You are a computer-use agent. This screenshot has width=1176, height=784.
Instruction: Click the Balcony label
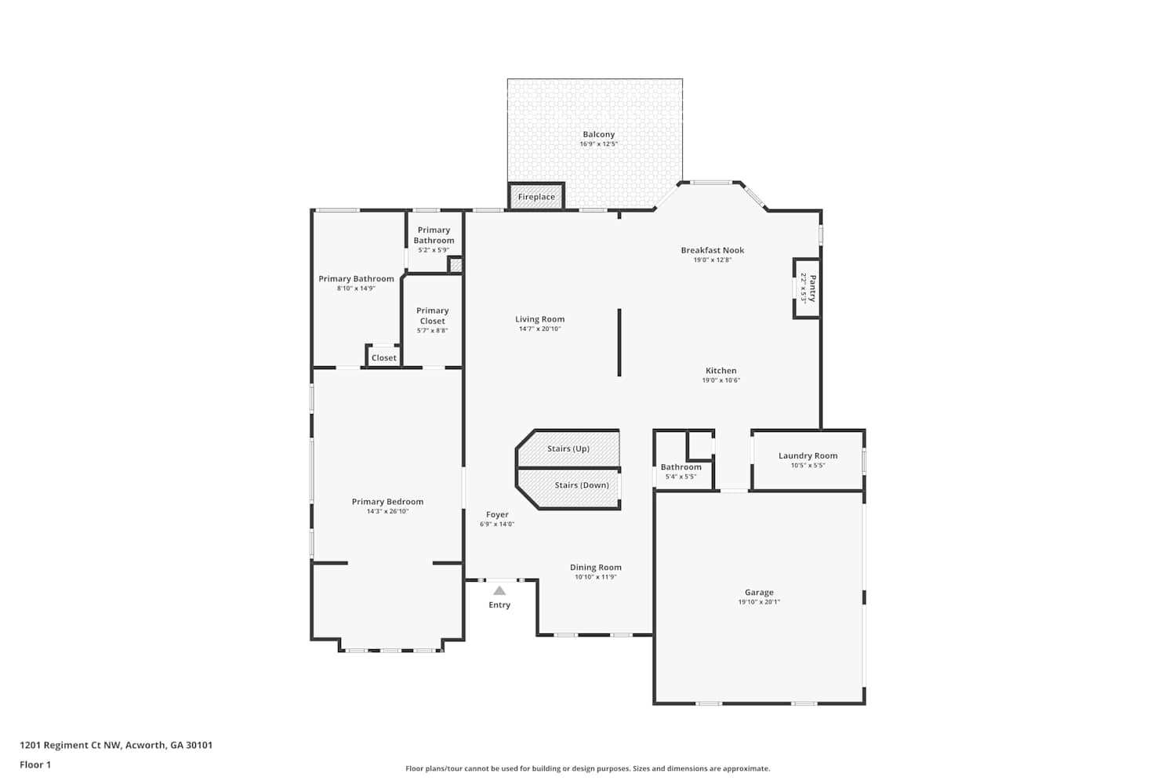pos(598,134)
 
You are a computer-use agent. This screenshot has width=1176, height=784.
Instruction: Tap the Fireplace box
pos(536,197)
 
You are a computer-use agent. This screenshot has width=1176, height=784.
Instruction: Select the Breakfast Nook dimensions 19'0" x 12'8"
pos(713,260)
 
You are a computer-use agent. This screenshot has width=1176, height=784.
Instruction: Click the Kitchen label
pos(720,370)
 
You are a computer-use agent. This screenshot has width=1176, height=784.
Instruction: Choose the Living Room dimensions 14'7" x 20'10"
pos(539,328)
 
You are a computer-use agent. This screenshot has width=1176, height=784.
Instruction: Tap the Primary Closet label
pos(433,316)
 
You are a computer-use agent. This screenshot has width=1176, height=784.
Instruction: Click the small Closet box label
pos(384,358)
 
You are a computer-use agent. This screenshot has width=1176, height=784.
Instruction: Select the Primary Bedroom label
pos(387,502)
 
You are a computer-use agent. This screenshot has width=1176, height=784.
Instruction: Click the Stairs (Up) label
pos(568,448)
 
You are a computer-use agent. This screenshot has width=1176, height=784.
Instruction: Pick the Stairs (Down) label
pos(582,485)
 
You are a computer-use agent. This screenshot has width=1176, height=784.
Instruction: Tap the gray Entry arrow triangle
pos(499,590)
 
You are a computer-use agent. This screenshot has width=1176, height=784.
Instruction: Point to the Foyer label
pos(497,514)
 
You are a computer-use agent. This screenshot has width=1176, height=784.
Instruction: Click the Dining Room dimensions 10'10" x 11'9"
pos(595,577)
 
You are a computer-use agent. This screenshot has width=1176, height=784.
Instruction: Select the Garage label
pos(759,593)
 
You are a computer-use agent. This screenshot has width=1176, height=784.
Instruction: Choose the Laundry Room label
pos(808,456)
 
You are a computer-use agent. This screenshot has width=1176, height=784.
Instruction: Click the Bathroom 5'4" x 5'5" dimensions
pos(681,477)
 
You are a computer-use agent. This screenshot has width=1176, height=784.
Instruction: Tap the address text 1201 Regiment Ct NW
pos(71,745)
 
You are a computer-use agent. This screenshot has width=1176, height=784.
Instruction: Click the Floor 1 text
pos(35,764)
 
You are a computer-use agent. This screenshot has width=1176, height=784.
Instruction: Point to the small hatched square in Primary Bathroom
pos(456,265)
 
